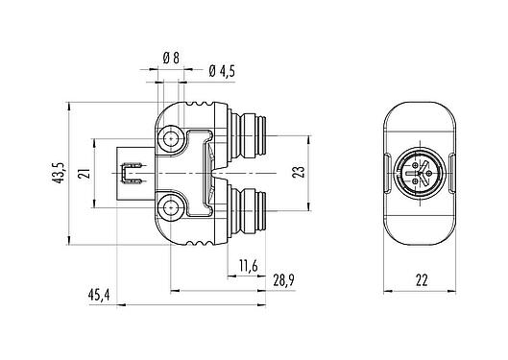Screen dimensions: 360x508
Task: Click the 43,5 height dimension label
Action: pyautogui.click(x=60, y=174)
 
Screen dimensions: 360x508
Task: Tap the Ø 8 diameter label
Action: pyautogui.click(x=171, y=59)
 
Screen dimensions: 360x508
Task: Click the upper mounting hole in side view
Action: pyautogui.click(x=173, y=140)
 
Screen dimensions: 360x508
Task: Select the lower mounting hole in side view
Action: pyautogui.click(x=173, y=206)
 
